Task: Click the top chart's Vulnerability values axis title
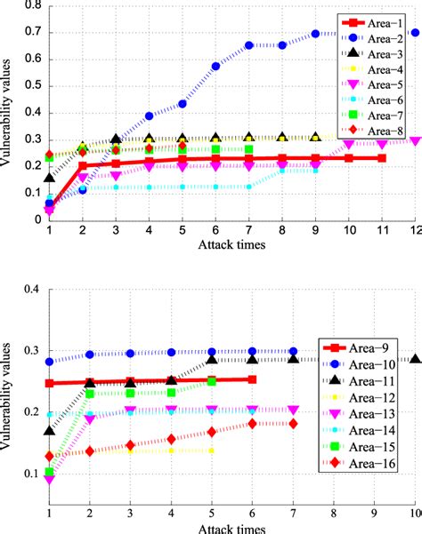click(x=8, y=115)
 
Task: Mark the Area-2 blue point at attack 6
click(x=215, y=67)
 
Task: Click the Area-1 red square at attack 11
click(x=382, y=158)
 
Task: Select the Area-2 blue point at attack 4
click(x=149, y=116)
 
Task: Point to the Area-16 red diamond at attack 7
click(x=293, y=424)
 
